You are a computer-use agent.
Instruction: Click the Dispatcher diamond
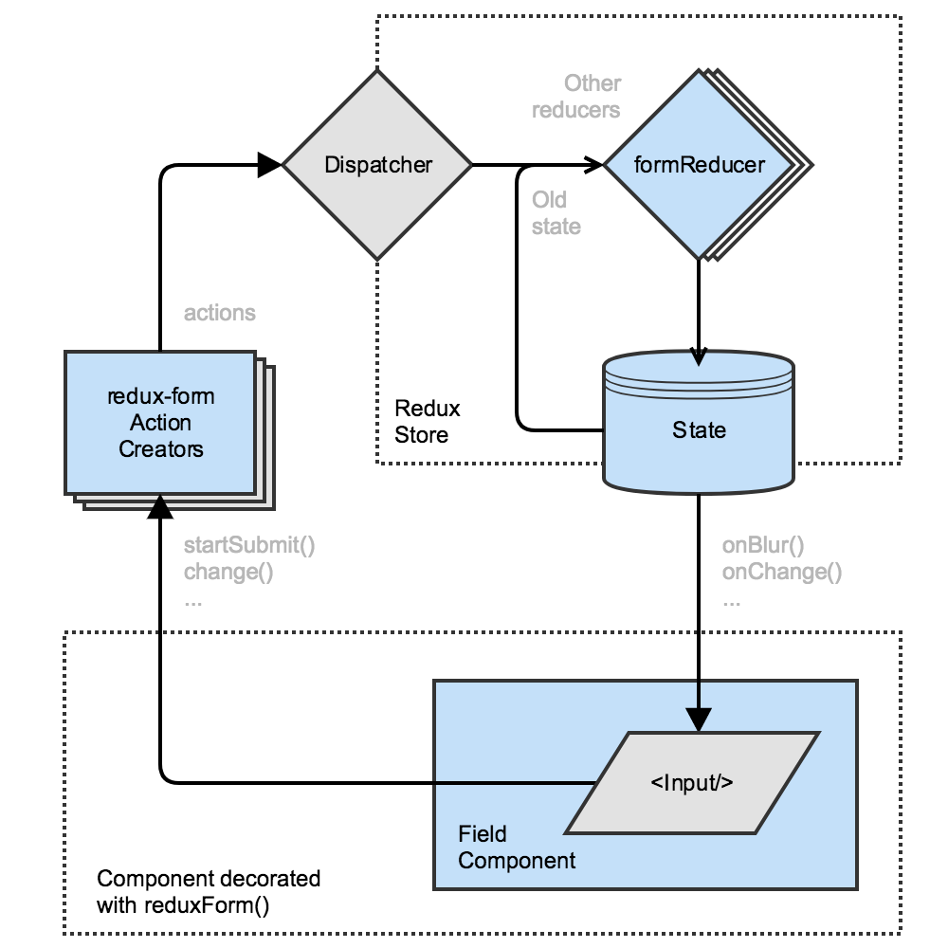378,165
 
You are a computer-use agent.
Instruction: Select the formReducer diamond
699,165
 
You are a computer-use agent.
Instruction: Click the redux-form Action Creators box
160,423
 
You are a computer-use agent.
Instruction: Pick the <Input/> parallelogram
692,783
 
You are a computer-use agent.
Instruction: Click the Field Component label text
517,848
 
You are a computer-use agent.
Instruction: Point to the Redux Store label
427,422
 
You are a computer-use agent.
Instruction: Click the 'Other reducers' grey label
576,97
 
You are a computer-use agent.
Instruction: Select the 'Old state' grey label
556,213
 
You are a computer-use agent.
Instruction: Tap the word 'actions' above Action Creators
219,313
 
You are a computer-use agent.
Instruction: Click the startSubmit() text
248,545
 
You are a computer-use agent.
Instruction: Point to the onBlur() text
762,545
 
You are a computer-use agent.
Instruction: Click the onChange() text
781,572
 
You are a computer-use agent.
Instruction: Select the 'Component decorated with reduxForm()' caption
209,891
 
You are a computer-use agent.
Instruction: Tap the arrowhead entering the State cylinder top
699,355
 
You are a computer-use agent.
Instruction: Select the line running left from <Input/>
379,783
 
